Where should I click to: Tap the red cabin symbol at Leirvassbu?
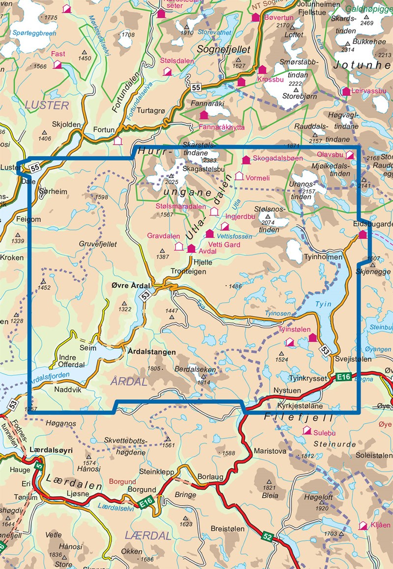(x=346, y=91)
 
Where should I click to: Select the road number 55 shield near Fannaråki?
(x=196, y=88)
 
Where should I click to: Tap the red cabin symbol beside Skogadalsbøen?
(x=246, y=159)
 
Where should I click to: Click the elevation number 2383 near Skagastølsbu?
(x=209, y=160)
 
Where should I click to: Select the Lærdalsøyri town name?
(x=51, y=450)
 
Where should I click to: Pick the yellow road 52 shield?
(x=267, y=536)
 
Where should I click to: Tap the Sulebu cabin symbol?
(x=307, y=430)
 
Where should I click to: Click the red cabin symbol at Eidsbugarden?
(x=363, y=235)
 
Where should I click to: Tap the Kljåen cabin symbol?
(x=363, y=526)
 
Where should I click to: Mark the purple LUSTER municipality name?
(x=47, y=105)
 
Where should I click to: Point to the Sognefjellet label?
(x=224, y=50)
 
